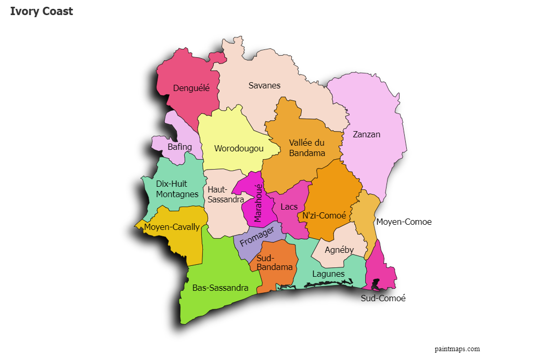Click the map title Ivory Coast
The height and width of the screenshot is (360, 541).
coord(42,11)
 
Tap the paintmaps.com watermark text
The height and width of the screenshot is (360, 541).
coord(457,349)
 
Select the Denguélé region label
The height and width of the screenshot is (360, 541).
coord(191,88)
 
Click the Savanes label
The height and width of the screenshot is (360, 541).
coord(264,85)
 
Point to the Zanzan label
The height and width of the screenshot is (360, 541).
coord(366,134)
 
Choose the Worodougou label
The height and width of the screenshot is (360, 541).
coord(239,148)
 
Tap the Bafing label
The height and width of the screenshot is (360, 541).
coord(179,147)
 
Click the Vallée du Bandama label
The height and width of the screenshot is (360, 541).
coord(307,148)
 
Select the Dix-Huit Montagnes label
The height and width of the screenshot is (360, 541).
coord(177,189)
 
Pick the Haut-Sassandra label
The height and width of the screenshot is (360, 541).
coord(225,195)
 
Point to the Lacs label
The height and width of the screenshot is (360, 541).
coord(289,207)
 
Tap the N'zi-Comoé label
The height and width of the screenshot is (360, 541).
coord(324,215)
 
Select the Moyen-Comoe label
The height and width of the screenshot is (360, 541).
coord(404,222)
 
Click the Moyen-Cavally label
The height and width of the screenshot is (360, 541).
coord(172,227)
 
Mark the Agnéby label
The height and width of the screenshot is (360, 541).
coord(339,250)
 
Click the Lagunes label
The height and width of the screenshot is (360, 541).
coord(328,274)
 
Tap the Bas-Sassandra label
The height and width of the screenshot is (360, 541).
coord(220,288)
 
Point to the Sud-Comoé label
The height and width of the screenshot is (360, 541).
coord(383,298)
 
